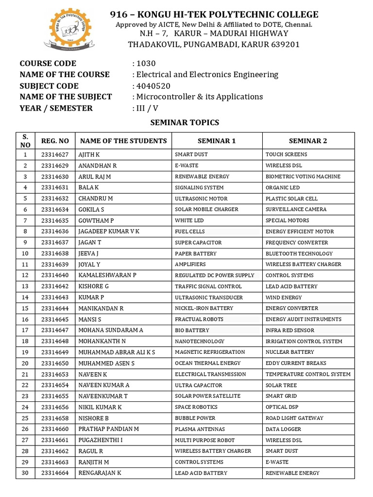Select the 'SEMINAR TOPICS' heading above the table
point(185,123)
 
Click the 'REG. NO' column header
point(55,141)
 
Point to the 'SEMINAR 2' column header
point(308,141)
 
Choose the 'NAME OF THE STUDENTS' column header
point(123,141)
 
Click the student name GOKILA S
point(91,209)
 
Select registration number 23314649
point(55,352)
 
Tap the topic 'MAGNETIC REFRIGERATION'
point(210,352)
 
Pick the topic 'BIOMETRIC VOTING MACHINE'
point(303,177)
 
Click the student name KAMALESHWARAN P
point(107,275)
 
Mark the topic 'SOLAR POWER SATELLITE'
point(207,396)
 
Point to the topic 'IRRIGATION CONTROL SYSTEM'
point(304,341)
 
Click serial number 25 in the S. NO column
point(25,418)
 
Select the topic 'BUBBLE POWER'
point(195,418)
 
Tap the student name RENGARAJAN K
point(100,473)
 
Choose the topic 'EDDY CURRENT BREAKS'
point(296,363)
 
